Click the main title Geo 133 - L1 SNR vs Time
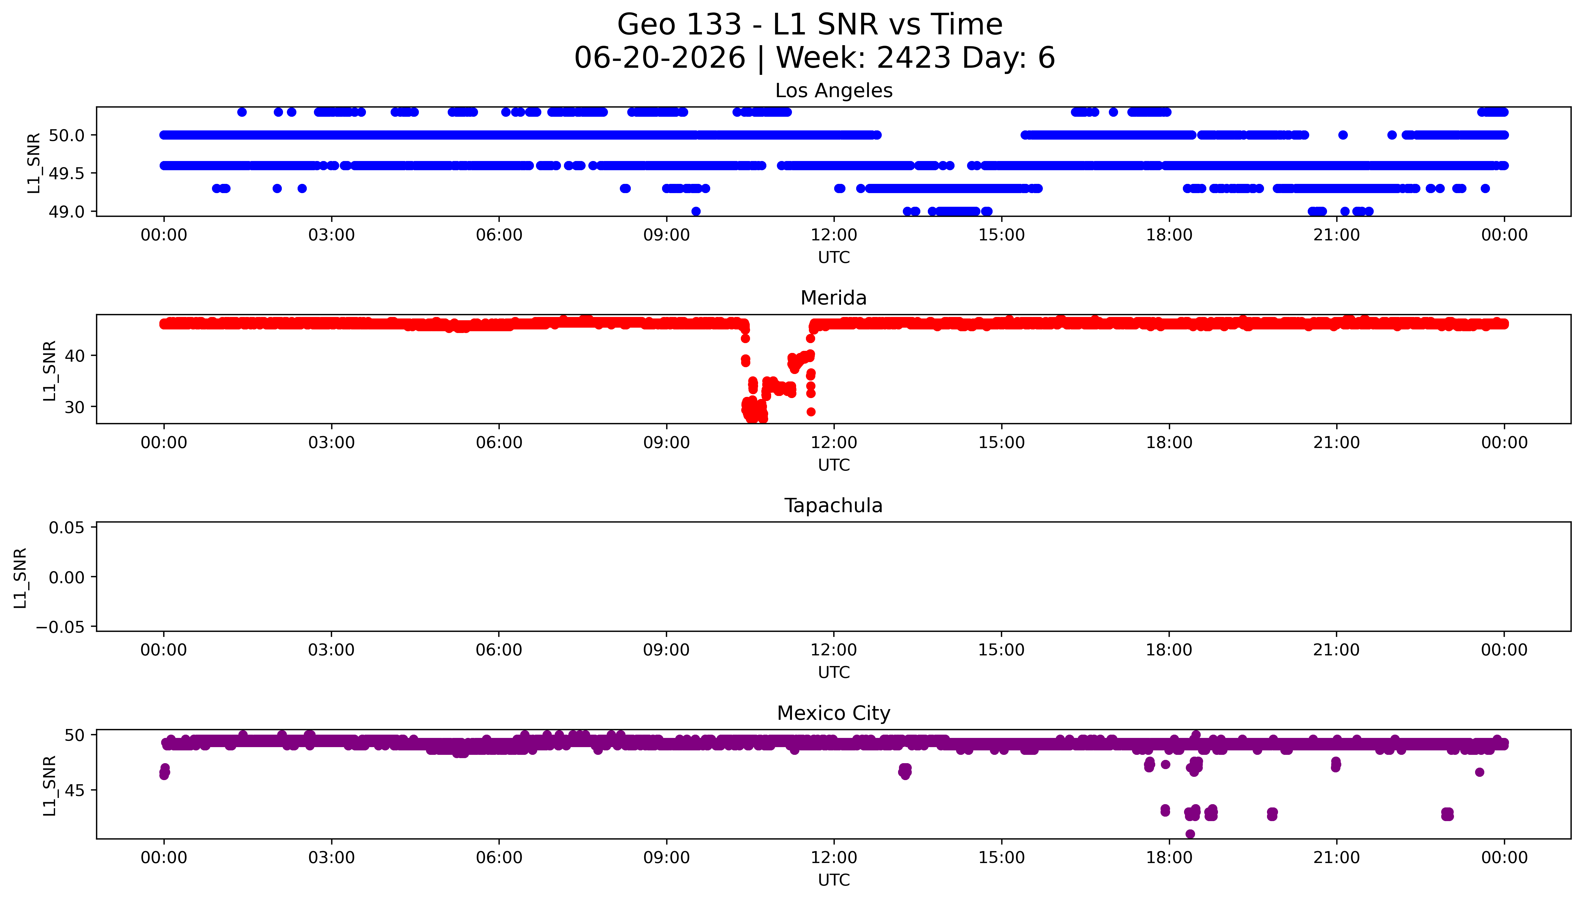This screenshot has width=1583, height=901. click(810, 25)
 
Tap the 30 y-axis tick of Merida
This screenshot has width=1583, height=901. click(74, 407)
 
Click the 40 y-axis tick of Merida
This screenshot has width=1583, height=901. click(74, 356)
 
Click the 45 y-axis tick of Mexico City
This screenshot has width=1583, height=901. click(74, 790)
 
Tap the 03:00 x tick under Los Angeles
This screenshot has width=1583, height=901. click(331, 235)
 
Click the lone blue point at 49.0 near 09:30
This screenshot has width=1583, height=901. click(696, 212)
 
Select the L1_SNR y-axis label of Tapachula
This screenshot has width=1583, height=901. click(21, 577)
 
